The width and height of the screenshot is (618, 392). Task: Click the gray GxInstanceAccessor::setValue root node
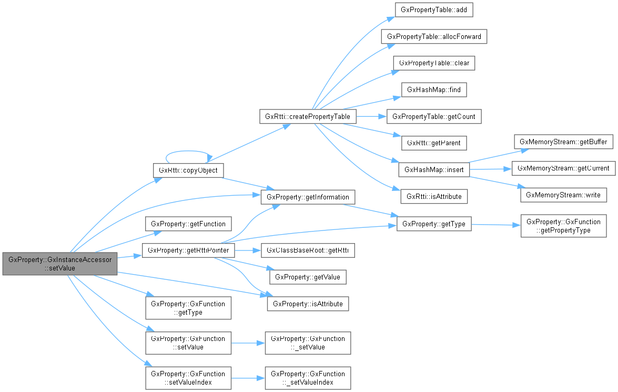click(x=59, y=264)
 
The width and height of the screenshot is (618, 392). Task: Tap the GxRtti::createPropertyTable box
click(x=308, y=116)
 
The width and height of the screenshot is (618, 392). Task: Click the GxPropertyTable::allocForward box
click(x=434, y=36)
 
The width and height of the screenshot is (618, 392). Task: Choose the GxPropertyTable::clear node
click(x=434, y=63)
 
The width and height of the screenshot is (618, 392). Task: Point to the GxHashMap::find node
click(x=434, y=89)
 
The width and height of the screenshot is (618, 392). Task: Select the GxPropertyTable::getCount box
click(x=434, y=116)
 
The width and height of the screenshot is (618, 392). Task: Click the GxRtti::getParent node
click(x=434, y=143)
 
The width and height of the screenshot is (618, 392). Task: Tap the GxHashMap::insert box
click(x=434, y=169)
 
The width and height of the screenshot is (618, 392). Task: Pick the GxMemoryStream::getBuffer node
click(x=563, y=142)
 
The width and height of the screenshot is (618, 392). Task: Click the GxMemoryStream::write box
click(x=563, y=195)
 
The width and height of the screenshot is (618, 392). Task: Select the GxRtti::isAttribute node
click(x=434, y=196)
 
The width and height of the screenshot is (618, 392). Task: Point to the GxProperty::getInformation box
click(x=308, y=197)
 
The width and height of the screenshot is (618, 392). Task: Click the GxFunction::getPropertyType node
click(x=563, y=226)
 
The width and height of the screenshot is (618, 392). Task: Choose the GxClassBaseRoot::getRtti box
click(x=308, y=250)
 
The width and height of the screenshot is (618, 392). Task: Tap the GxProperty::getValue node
click(x=308, y=277)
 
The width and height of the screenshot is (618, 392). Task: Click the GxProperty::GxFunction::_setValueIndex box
click(x=308, y=378)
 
